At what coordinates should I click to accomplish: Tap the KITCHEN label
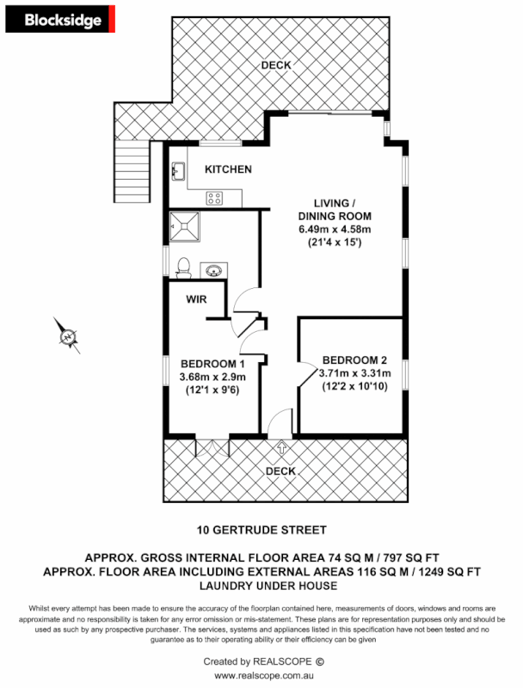[228, 169]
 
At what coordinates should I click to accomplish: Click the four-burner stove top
[214, 199]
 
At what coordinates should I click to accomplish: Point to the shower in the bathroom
[184, 225]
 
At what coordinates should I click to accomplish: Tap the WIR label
[199, 300]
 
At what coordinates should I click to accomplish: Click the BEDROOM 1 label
[212, 363]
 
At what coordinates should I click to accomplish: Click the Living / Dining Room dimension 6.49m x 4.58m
[334, 230]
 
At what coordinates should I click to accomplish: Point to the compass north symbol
[67, 335]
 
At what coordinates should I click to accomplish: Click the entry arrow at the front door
[281, 448]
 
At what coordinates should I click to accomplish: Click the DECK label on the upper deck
[277, 65]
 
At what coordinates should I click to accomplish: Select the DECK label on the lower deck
[281, 471]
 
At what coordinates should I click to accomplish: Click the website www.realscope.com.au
[261, 677]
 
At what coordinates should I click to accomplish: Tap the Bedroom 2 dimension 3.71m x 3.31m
[355, 373]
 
